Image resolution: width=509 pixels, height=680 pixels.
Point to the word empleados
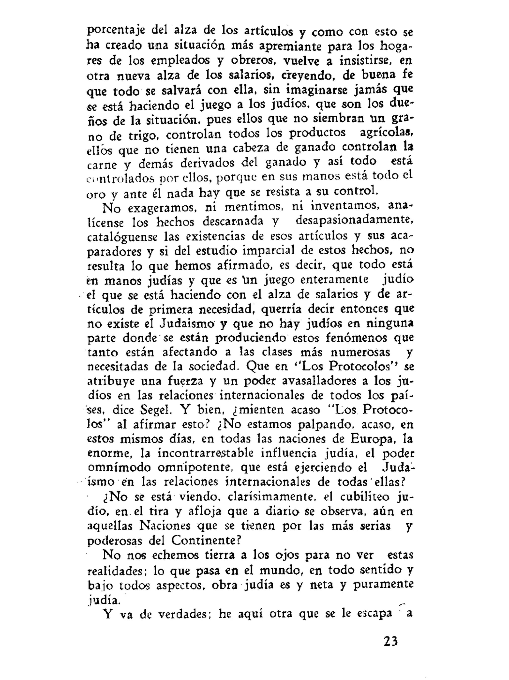click(180, 60)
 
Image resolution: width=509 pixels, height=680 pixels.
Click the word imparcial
click(268, 250)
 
